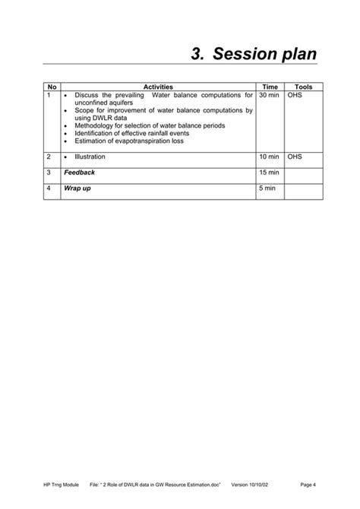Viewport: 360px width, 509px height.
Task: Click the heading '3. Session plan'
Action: click(254, 54)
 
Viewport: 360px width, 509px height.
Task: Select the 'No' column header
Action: click(52, 87)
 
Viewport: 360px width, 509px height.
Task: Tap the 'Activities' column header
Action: click(158, 87)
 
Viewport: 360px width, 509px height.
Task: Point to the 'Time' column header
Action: click(270, 87)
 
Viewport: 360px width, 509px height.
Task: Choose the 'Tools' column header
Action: click(303, 87)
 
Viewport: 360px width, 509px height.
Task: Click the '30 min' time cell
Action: click(269, 96)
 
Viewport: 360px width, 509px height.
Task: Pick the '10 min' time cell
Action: click(269, 156)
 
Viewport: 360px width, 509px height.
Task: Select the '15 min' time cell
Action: click(269, 172)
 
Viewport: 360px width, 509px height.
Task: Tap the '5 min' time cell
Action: click(267, 188)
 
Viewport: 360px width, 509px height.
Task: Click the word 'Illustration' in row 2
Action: click(90, 156)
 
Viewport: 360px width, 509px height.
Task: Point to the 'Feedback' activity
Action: click(80, 172)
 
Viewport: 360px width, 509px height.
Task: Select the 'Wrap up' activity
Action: click(77, 188)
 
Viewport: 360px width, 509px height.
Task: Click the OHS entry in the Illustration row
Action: click(295, 156)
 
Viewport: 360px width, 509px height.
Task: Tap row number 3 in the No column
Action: click(49, 172)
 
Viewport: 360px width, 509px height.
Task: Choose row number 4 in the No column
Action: click(49, 188)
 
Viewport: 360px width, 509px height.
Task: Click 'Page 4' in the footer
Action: click(308, 484)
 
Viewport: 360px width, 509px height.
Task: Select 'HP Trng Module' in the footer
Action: click(60, 484)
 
